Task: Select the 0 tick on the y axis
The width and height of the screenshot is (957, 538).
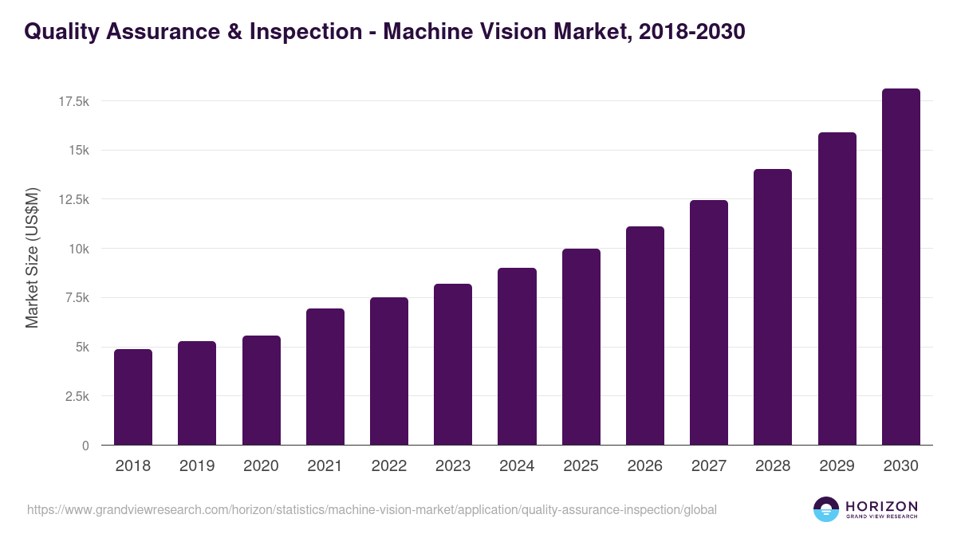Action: pos(85,446)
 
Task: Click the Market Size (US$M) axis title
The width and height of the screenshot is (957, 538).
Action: pos(32,257)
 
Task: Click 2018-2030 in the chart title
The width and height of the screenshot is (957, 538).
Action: pos(692,32)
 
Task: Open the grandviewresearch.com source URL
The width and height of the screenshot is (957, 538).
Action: pos(372,509)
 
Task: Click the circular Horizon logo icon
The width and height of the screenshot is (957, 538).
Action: pos(826,509)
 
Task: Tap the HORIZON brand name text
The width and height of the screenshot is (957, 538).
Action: pos(881,505)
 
